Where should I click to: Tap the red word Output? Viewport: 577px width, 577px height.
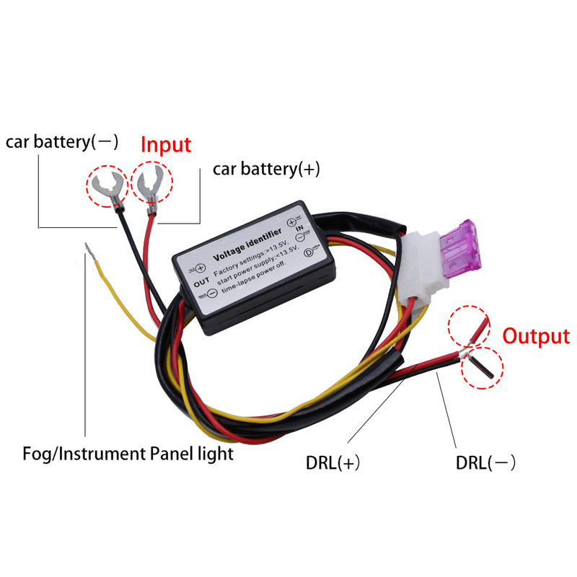point(536,336)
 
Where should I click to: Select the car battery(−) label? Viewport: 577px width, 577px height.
point(63,141)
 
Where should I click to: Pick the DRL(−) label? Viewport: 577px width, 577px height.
point(485,462)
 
